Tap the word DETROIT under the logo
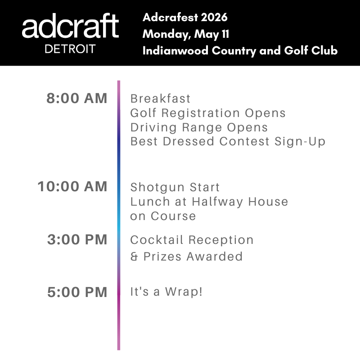point(70,49)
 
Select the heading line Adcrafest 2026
point(185,18)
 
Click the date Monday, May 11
point(186,34)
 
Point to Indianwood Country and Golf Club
point(240,50)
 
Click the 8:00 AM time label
point(77,98)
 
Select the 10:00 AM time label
point(72,186)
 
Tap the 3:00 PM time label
point(77,240)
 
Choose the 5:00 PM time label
point(77,292)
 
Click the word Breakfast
point(160,99)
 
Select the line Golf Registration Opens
point(208,113)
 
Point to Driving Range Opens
point(199,127)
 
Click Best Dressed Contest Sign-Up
point(228,142)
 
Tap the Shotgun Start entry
point(175,187)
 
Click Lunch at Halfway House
point(209,202)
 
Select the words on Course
point(163,216)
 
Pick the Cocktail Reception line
point(192,240)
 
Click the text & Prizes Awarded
point(186,257)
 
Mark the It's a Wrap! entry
point(166,292)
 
